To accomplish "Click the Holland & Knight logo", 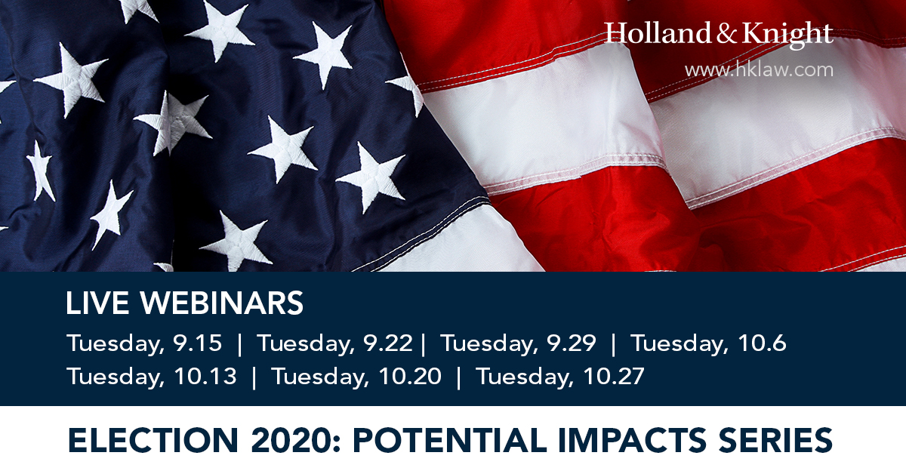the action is [719, 35].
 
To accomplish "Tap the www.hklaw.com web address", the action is [760, 70].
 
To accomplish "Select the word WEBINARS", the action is [222, 303].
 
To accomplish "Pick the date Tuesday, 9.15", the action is [144, 343].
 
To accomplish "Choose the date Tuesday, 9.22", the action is [335, 343].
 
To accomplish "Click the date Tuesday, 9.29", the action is [518, 343].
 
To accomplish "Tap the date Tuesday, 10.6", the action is [708, 343].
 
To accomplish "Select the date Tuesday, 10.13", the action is [152, 377].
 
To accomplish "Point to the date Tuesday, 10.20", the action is [356, 377].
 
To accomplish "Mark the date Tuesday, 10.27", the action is [560, 377].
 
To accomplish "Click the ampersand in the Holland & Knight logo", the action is [726, 33].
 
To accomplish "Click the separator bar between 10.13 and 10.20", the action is [254, 377].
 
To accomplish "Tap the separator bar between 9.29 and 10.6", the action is [613, 344].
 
